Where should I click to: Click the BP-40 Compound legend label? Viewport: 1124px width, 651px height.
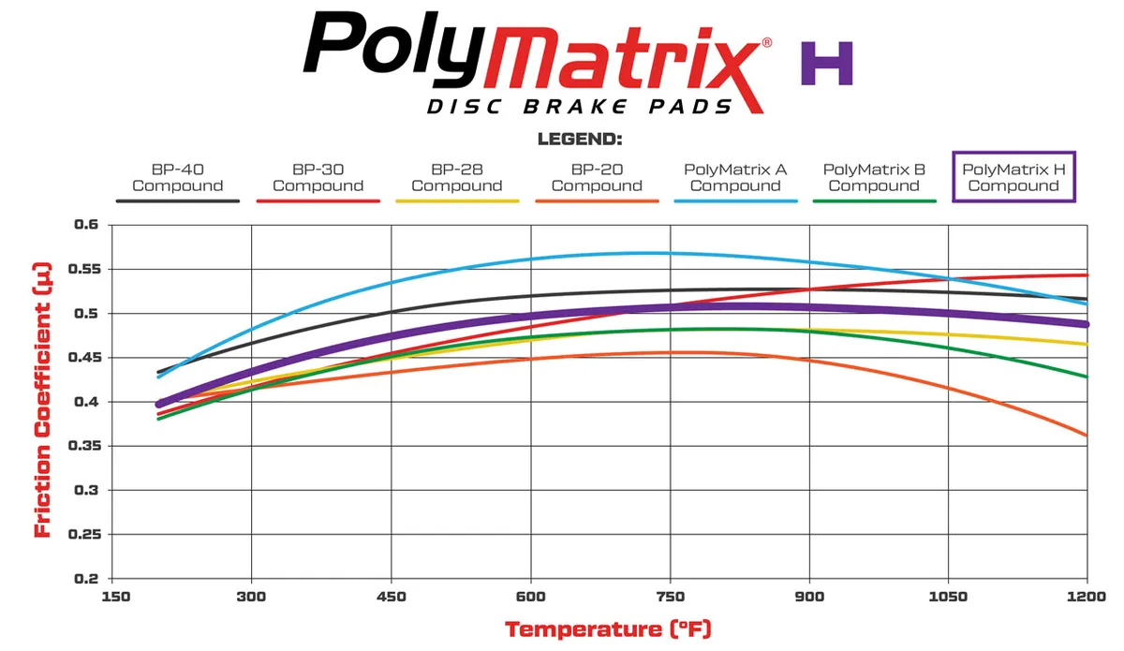[x=177, y=178]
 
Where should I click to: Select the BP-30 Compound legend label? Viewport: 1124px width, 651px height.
[x=318, y=178]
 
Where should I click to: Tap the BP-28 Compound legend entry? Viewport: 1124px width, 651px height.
[x=456, y=178]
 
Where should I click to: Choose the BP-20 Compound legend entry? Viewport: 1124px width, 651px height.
[x=597, y=178]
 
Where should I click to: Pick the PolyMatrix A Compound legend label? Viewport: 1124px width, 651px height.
[x=735, y=178]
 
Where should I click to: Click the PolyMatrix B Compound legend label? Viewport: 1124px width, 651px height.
[x=874, y=178]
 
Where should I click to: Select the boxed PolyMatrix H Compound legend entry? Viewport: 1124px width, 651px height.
[x=1013, y=177]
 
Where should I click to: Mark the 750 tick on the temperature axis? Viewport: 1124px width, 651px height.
[x=670, y=597]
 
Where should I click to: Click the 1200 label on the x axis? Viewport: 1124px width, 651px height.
[x=1087, y=597]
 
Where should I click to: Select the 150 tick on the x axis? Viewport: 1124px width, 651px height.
[x=113, y=597]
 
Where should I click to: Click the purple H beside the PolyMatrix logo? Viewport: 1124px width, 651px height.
[x=826, y=64]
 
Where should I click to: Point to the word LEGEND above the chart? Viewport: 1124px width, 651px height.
[x=580, y=140]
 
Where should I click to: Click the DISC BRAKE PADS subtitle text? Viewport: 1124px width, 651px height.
[x=580, y=107]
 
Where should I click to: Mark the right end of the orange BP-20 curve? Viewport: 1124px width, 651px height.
[x=1087, y=435]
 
